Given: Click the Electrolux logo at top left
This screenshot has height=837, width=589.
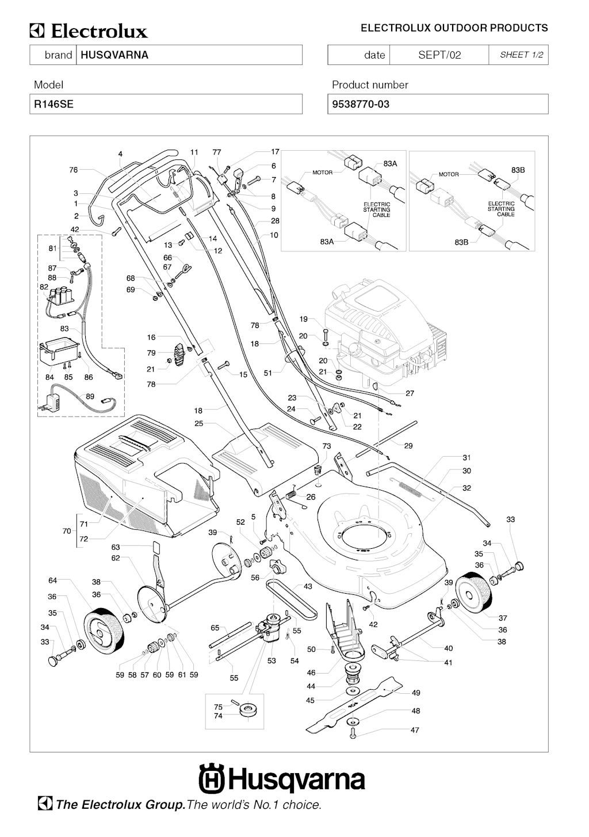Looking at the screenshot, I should pos(89,31).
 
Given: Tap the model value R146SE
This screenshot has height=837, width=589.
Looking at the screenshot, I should pos(53,104).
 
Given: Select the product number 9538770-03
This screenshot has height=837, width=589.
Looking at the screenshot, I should pos(361,104).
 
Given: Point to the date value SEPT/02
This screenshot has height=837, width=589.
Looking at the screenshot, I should pos(439,55).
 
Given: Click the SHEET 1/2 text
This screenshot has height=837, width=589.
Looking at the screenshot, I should pos(521,55).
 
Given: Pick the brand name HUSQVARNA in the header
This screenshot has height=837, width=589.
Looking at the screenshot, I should pos(114,55).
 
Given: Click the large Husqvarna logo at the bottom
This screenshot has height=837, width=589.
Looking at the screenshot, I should pos(282,779).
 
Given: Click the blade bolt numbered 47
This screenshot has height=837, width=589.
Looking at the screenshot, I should pos(353,733).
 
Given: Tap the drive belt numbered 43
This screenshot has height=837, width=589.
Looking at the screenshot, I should pos(290,598).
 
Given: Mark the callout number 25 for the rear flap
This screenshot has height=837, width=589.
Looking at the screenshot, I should pos(199,424).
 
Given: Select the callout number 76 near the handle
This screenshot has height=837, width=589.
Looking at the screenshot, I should pos(74,170).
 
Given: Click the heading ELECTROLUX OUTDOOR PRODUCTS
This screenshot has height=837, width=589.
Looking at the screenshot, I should pos(454,28).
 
